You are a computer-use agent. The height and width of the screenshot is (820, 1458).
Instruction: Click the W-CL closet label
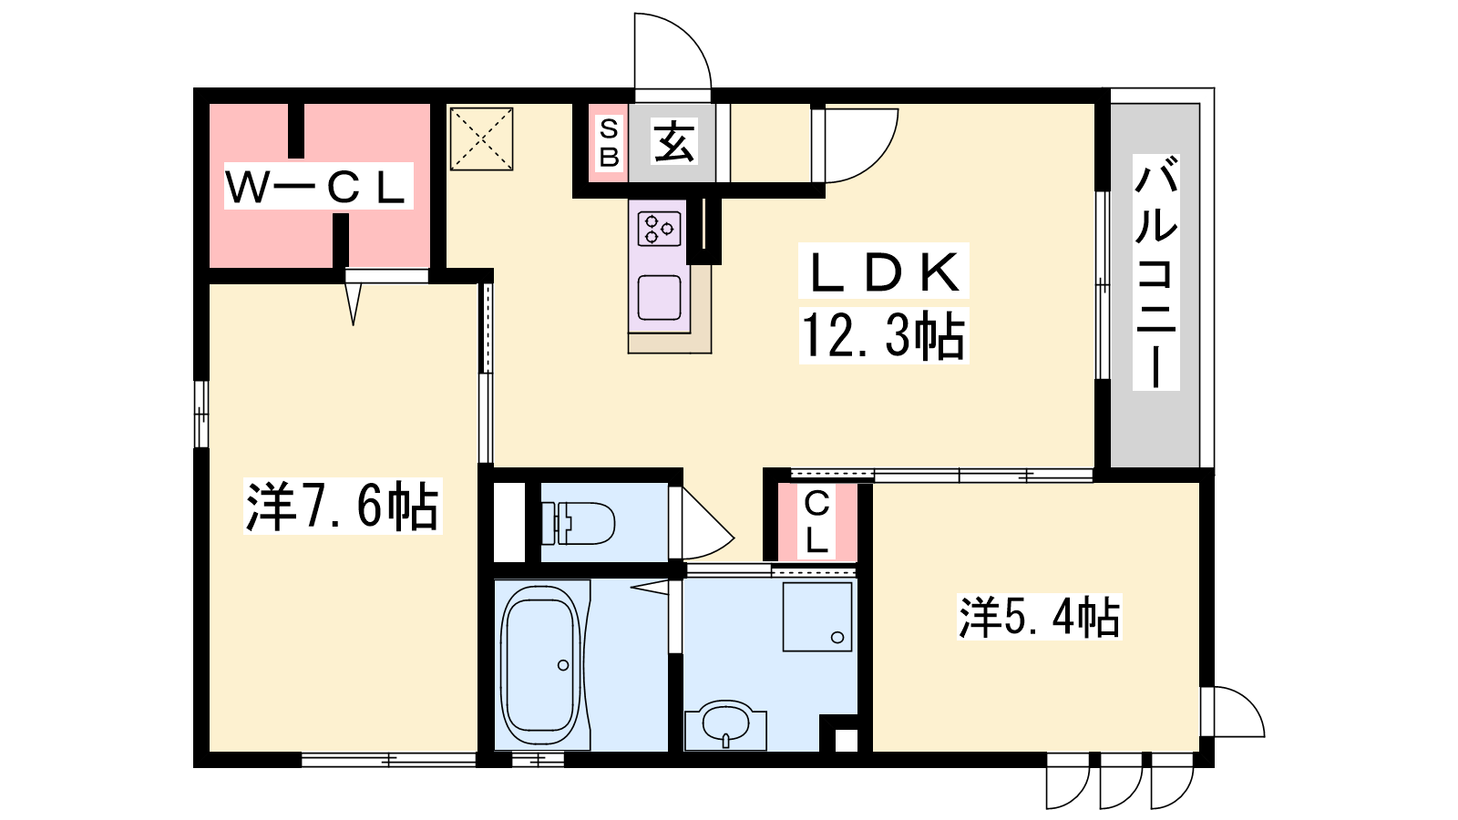[x=318, y=186]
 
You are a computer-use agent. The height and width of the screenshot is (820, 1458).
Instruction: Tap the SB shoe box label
[x=609, y=142]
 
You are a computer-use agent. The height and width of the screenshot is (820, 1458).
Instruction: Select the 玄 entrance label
[x=673, y=141]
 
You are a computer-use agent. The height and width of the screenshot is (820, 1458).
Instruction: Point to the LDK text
[x=883, y=272]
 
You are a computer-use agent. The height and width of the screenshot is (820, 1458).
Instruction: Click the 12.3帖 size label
[x=883, y=335]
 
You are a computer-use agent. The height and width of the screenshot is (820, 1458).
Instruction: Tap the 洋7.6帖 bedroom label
[x=343, y=506]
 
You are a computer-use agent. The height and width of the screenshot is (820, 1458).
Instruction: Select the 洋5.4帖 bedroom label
[x=1039, y=616]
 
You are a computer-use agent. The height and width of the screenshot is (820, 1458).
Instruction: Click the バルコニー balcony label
[x=1156, y=272]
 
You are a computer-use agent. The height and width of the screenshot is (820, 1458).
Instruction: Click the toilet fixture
[x=578, y=523]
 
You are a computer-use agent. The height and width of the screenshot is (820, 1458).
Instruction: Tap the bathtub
[x=540, y=665]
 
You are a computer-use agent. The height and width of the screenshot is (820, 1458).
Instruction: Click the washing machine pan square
[x=817, y=616]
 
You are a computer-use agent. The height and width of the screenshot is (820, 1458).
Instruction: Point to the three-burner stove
[x=660, y=229]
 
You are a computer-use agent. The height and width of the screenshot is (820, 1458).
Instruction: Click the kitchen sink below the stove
[x=660, y=297]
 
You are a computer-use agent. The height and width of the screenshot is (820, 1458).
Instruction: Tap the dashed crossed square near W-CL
[x=482, y=139]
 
